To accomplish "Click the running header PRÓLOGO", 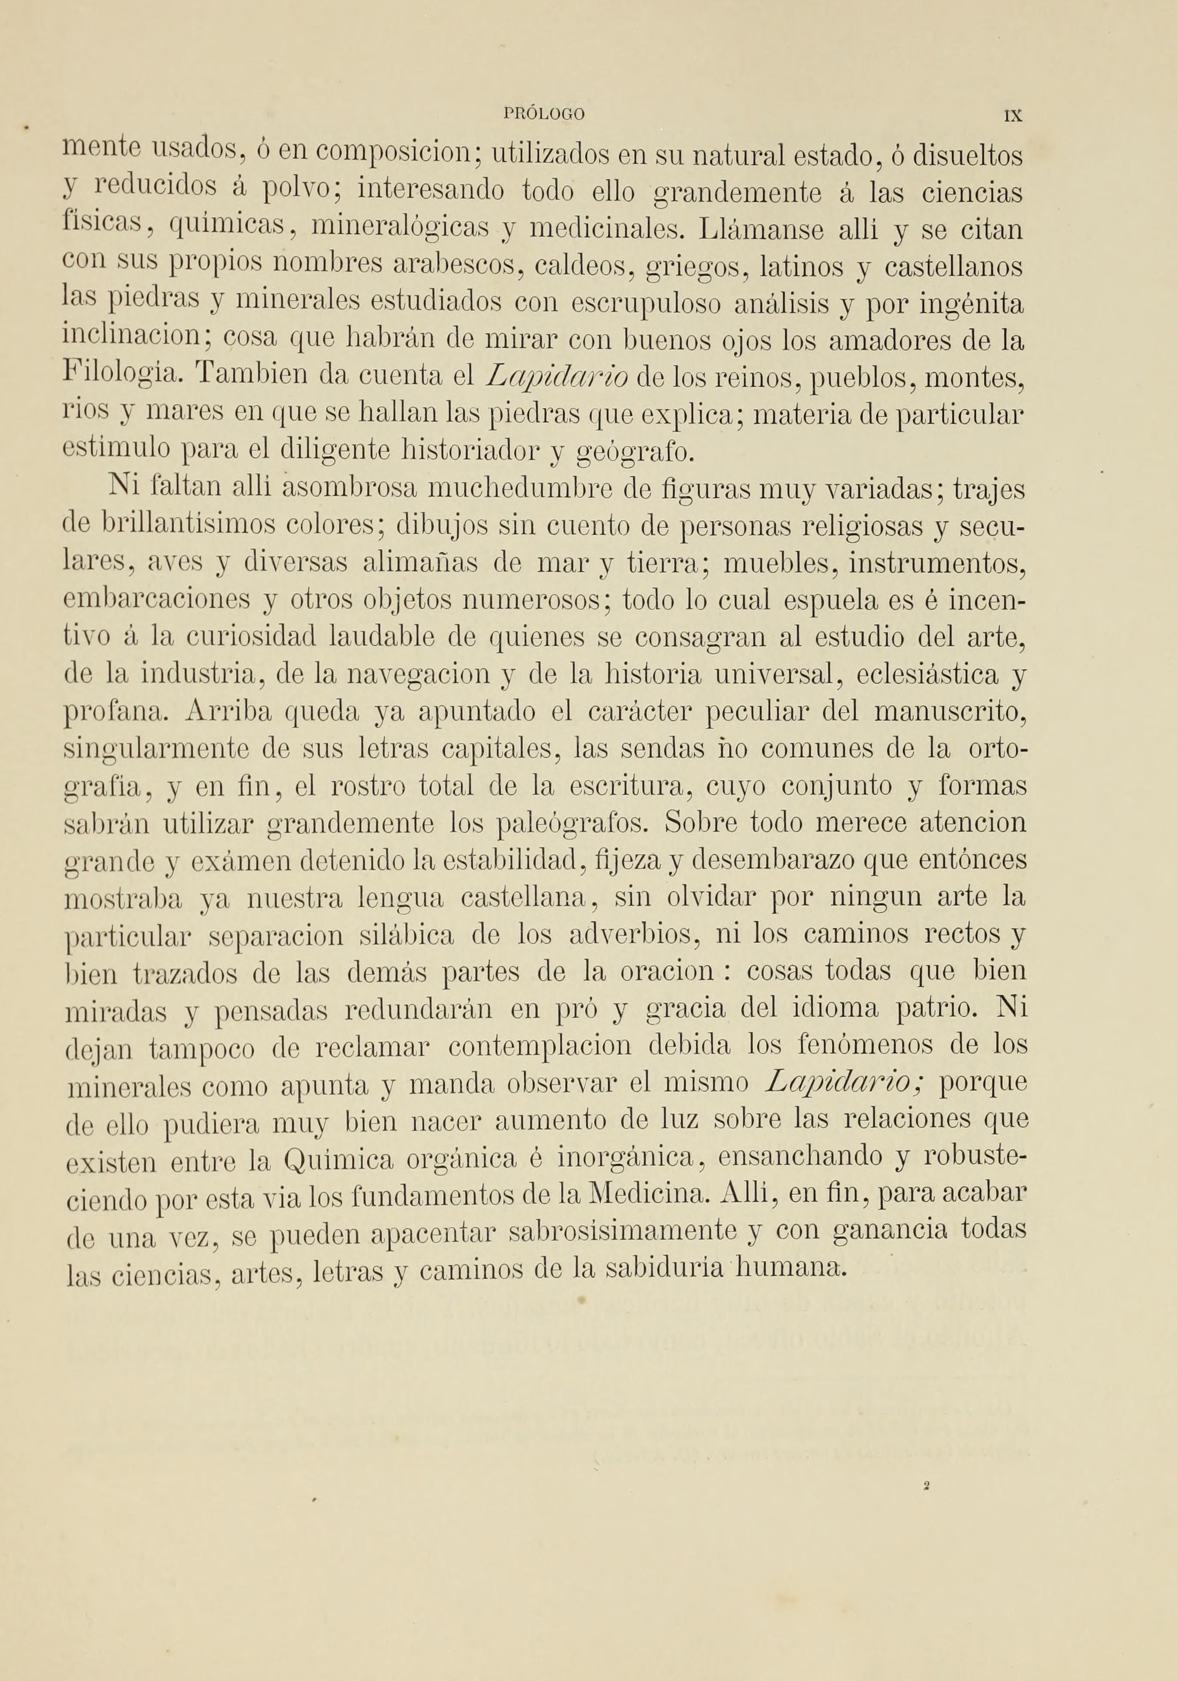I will pyautogui.click(x=545, y=114).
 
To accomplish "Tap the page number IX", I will pyautogui.click(x=1013, y=115).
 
